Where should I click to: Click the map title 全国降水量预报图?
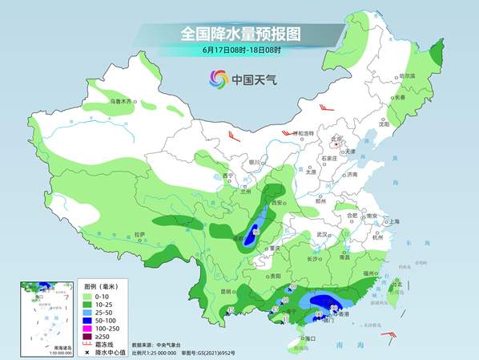[239, 34]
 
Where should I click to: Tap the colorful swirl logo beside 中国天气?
[219, 79]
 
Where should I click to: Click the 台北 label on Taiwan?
[395, 284]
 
